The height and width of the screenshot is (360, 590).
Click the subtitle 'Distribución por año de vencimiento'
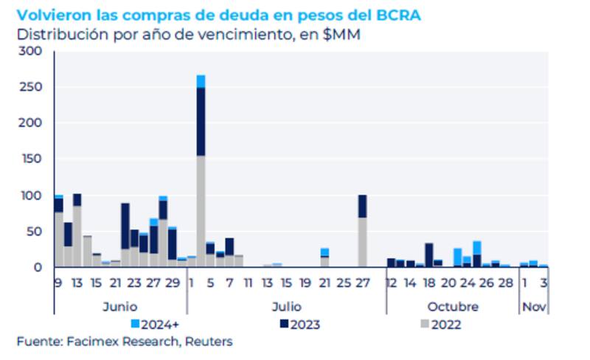point(187,34)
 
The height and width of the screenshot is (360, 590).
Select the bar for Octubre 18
point(428,255)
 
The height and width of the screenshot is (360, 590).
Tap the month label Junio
point(118,306)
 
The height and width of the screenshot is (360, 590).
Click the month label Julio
point(286,306)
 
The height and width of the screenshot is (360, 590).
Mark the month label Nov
point(534,306)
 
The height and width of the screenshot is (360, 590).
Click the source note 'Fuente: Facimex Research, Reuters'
point(125,341)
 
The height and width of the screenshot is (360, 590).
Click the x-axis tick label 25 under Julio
point(343,283)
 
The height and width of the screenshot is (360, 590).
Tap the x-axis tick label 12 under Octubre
point(392,283)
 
